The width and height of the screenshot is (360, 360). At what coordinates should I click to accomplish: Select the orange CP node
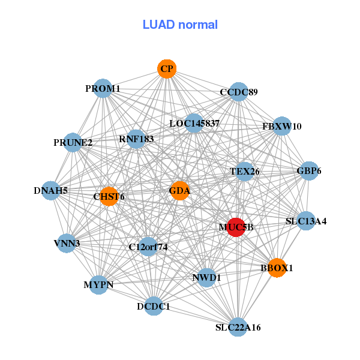[x=167, y=70]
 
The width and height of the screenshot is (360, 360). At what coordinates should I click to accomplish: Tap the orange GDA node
[x=179, y=191]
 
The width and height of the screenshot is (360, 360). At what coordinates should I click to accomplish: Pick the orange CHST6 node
[x=109, y=196]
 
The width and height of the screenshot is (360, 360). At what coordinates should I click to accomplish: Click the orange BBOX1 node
[x=277, y=268]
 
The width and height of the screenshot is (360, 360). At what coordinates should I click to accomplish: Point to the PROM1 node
[x=103, y=89]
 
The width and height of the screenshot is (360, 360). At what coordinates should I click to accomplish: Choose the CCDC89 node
[x=239, y=92]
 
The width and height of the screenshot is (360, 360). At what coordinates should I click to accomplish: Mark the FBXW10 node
[x=282, y=126]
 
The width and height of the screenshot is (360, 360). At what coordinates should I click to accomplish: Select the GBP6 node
[x=309, y=171]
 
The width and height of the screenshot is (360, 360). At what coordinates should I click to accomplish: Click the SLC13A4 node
[x=306, y=221]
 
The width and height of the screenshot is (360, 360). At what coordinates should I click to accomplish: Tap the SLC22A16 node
[x=238, y=327]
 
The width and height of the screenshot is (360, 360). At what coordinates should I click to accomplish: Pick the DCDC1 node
[x=154, y=306]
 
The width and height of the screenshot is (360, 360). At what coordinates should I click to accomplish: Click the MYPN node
[x=98, y=284]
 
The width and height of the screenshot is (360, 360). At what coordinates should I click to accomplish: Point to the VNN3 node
[x=67, y=243]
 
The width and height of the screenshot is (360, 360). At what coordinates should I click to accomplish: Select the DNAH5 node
[x=51, y=191]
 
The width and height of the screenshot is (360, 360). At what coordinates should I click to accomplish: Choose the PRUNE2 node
[x=73, y=143]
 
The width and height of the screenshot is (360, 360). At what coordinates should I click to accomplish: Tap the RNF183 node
[x=136, y=139]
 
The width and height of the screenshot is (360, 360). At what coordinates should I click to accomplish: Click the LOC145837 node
[x=194, y=123]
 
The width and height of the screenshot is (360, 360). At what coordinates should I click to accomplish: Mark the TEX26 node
[x=245, y=172]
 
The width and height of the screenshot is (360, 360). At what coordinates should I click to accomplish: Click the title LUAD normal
[x=180, y=25]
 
